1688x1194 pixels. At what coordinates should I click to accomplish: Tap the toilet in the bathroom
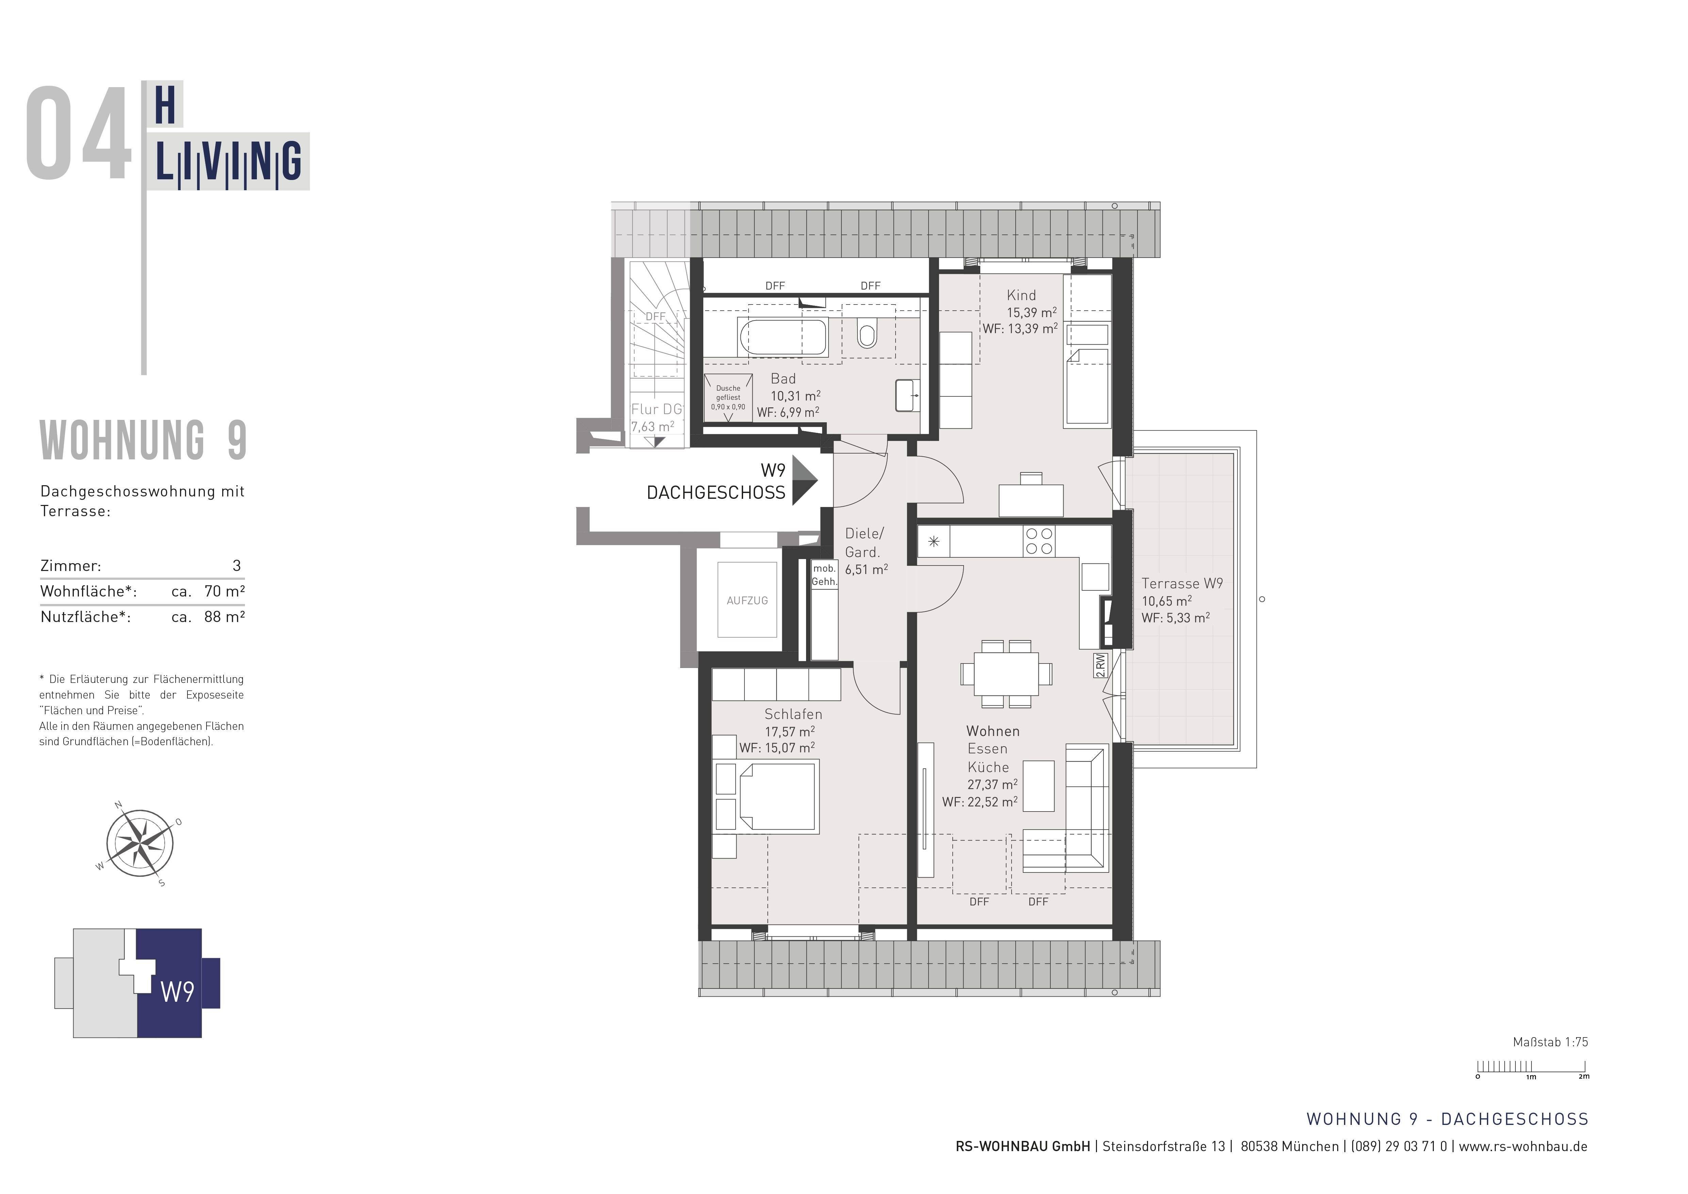click(x=868, y=335)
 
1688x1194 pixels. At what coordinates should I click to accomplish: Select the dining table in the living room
click(x=1006, y=673)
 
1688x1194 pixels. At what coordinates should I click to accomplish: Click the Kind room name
click(x=1021, y=295)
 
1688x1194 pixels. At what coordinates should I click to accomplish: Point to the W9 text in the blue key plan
click(x=177, y=992)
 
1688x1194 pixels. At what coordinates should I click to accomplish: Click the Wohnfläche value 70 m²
click(x=224, y=591)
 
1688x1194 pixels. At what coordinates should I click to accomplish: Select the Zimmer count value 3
click(x=236, y=566)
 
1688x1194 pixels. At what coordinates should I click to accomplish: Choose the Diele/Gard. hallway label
click(x=864, y=543)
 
